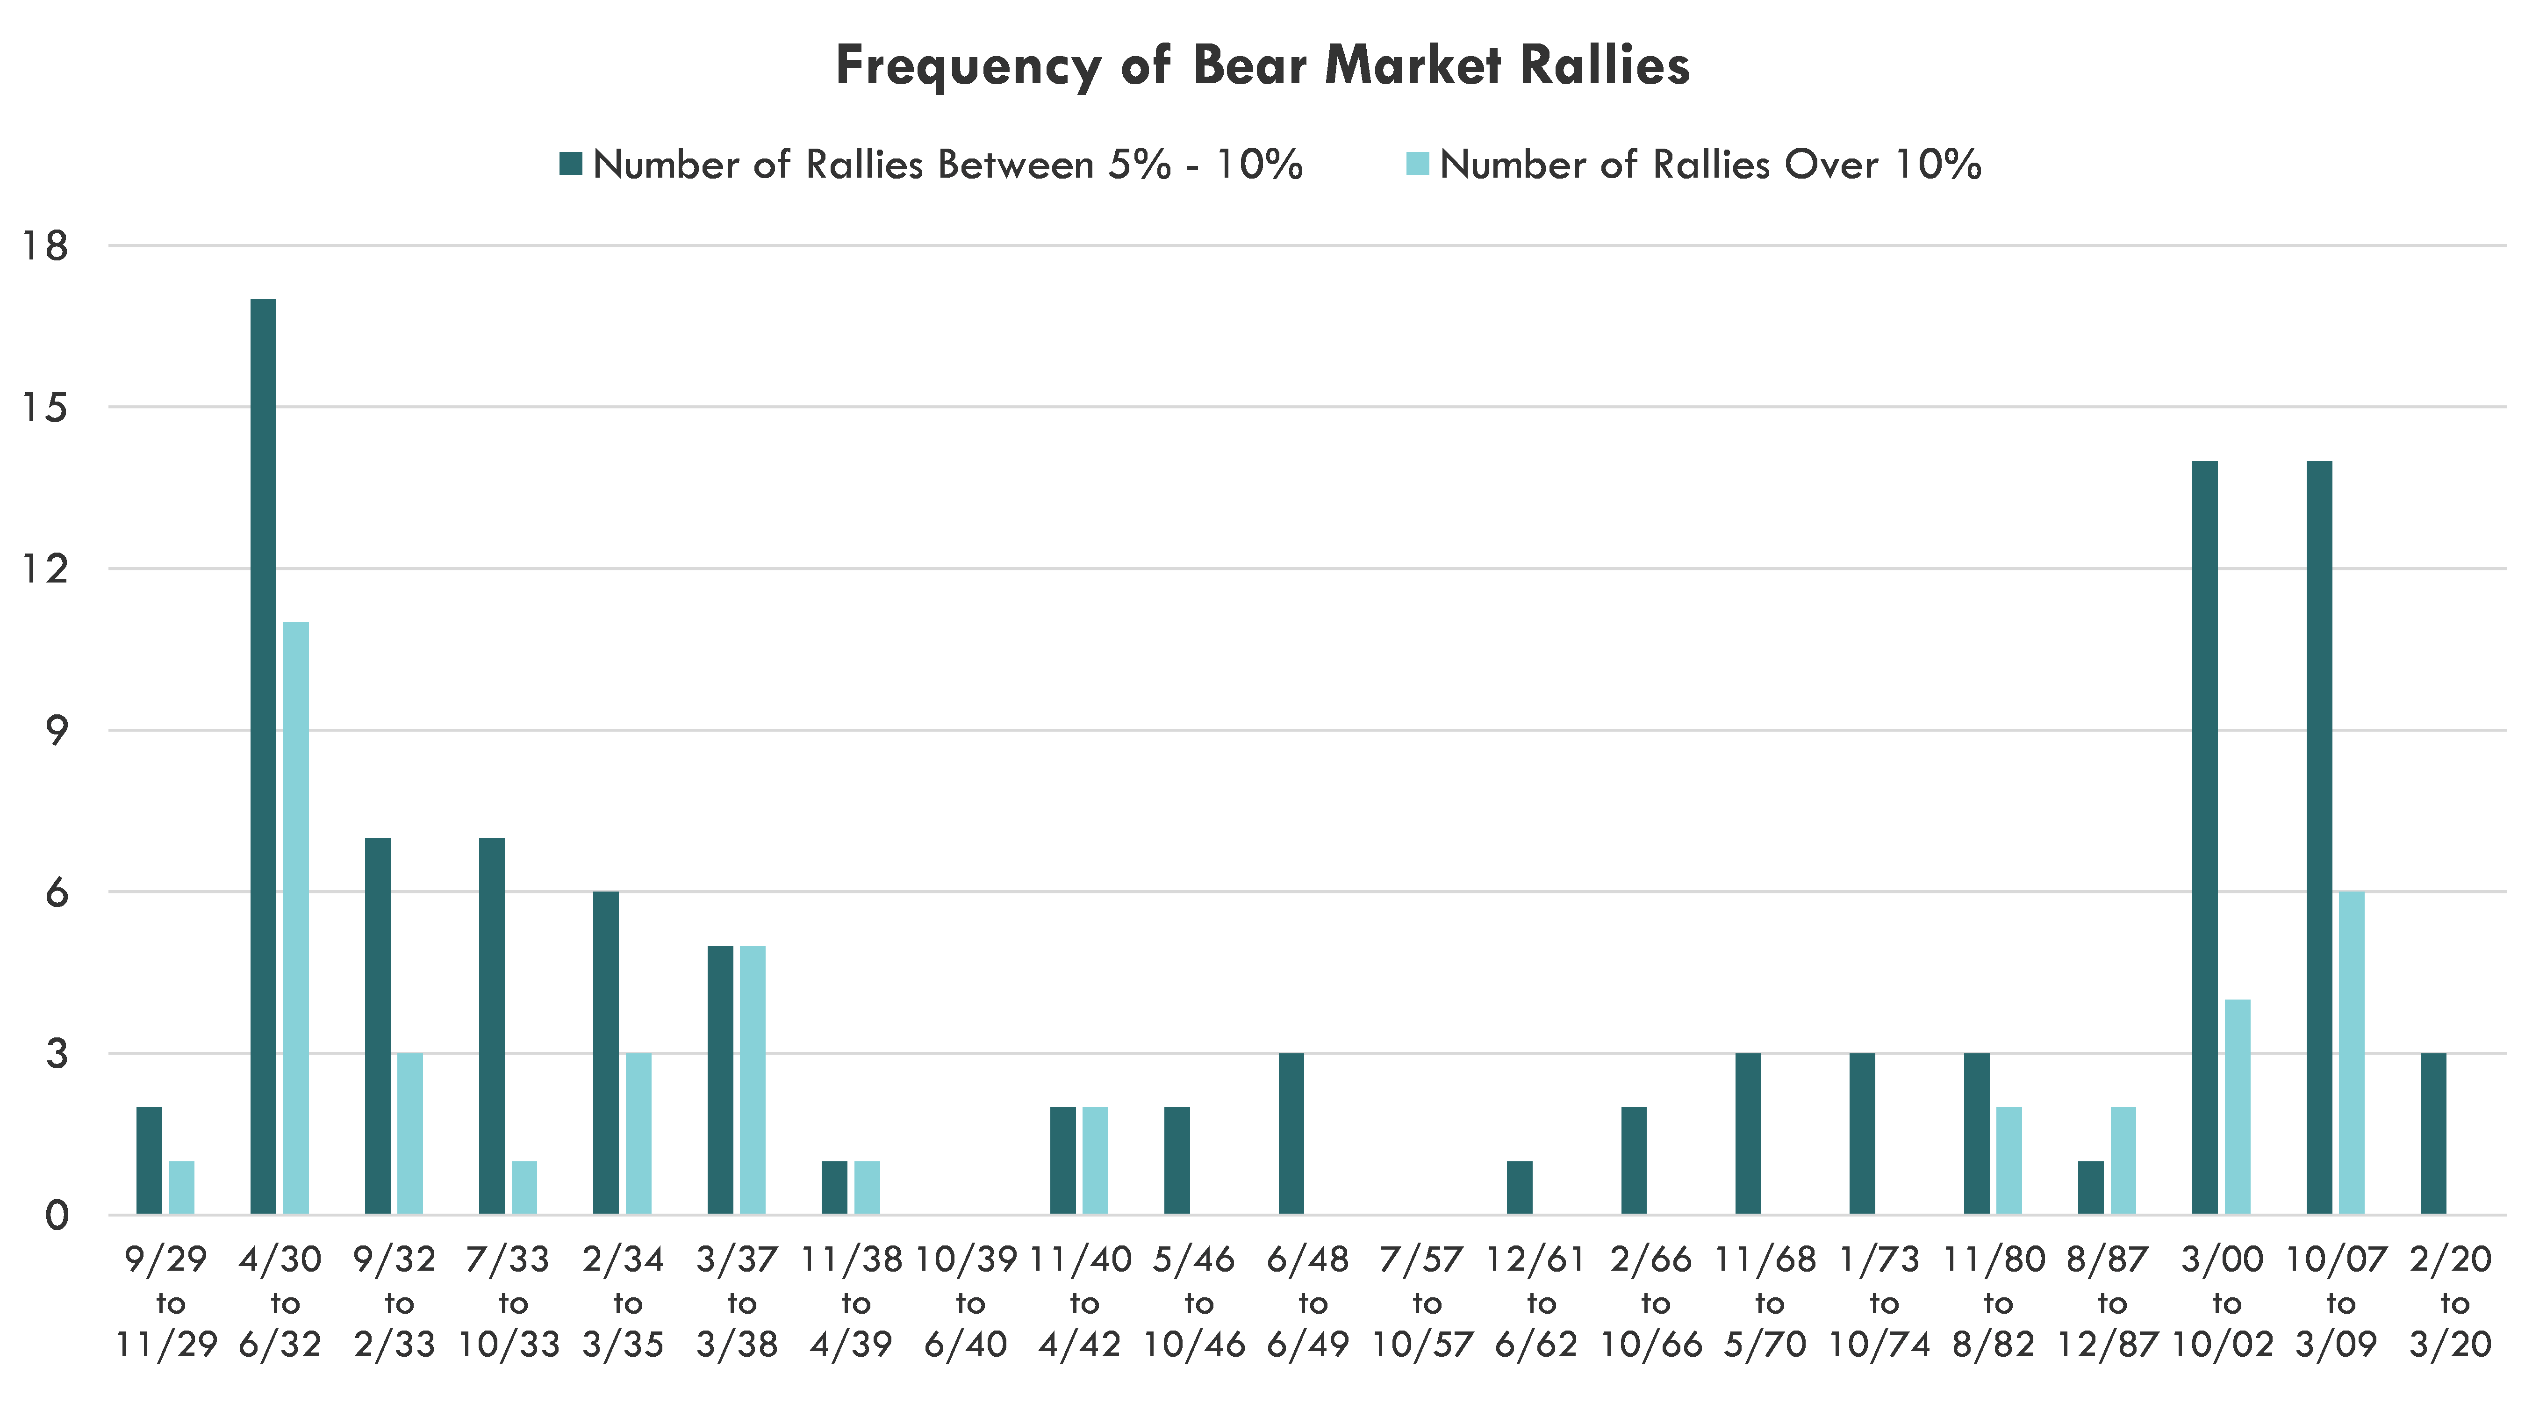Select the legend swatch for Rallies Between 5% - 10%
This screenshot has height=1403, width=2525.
(570, 164)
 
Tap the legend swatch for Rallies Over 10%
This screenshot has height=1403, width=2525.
(1417, 164)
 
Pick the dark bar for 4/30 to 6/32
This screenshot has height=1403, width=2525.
(263, 757)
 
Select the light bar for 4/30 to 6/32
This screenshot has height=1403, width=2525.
(296, 919)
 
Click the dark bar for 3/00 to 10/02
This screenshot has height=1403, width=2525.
(2204, 838)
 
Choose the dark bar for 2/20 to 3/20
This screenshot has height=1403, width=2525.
(2433, 1134)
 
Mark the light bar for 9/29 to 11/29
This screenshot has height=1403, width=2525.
(181, 1188)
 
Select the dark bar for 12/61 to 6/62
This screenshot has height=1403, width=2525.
(1519, 1188)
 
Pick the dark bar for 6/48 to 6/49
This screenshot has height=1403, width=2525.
(1291, 1134)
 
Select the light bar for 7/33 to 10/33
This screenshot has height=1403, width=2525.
(524, 1188)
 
